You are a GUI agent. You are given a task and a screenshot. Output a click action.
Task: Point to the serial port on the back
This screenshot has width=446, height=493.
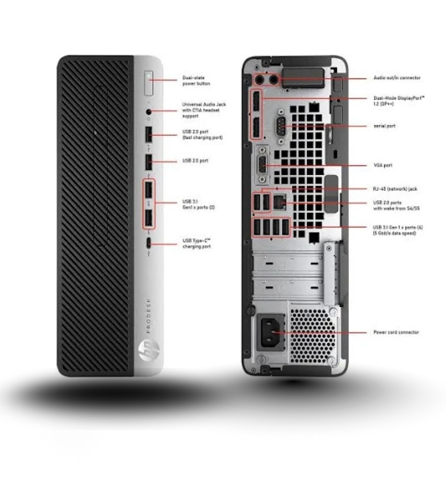pos(281,127)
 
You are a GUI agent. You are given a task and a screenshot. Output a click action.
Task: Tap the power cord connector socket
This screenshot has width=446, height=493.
pos(269,331)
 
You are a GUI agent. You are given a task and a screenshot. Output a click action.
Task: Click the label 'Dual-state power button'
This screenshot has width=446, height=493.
pos(196,81)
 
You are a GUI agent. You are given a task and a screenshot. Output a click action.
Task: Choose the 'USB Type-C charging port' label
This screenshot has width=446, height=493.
pos(197,243)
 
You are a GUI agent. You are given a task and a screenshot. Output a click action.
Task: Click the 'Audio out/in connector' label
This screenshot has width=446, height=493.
pos(397,78)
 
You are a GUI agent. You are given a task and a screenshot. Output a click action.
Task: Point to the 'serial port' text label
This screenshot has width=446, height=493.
pos(384,126)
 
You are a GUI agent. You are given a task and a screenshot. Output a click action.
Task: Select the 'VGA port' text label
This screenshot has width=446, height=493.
pos(383,165)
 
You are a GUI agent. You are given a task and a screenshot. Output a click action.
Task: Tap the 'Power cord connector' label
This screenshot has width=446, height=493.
pos(396,332)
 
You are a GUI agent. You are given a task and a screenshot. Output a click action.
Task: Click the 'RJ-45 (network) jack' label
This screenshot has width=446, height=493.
pos(395,189)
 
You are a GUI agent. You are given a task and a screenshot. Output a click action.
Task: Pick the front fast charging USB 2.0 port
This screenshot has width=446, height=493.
pos(149,134)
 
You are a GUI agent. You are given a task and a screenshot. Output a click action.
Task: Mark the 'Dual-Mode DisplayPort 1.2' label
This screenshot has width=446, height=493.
pos(398,101)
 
